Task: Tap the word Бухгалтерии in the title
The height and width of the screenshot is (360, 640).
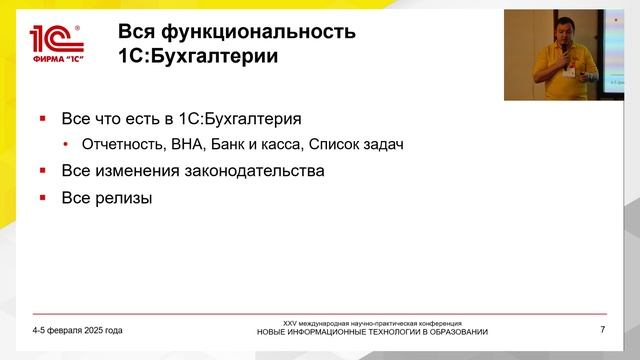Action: pos(216,56)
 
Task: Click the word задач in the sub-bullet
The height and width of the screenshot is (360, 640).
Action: pos(383,145)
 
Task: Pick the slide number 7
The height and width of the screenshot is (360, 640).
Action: pos(602,330)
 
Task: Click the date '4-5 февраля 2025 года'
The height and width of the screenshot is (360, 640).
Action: pos(77,330)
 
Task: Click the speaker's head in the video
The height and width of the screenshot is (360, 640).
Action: pos(564,31)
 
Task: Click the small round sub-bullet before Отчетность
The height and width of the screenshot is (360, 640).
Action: pos(67,146)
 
